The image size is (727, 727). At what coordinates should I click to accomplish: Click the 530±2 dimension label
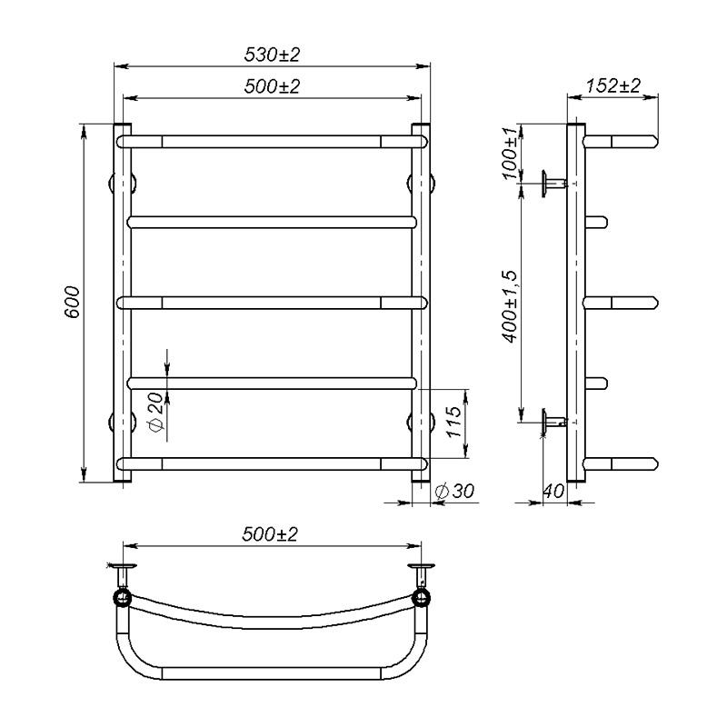(272, 55)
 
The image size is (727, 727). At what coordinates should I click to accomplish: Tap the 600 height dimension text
(74, 302)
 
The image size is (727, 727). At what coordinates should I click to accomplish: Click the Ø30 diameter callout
(455, 491)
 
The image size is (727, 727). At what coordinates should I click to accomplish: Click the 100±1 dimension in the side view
(511, 150)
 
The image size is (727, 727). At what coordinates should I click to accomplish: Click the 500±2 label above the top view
(272, 535)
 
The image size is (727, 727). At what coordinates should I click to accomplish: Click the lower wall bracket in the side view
(552, 420)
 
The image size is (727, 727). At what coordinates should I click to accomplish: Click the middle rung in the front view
(272, 302)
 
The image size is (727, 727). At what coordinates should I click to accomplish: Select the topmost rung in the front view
(272, 141)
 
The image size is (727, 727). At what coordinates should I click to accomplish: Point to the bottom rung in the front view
(272, 463)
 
